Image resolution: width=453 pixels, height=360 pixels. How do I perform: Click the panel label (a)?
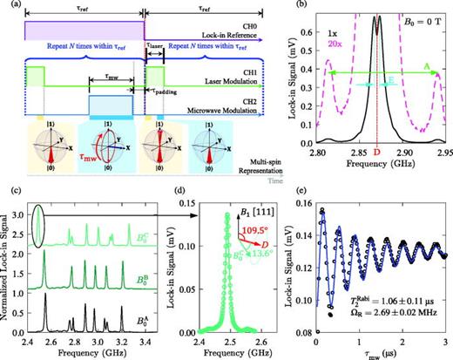[10, 7]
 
